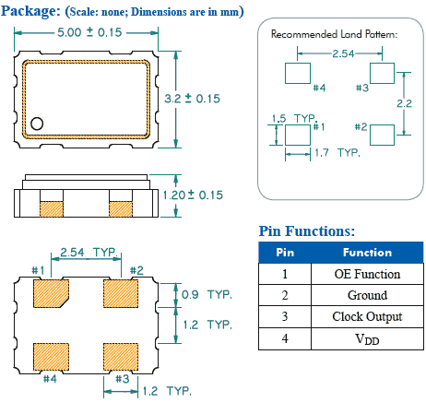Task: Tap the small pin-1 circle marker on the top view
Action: pos(38,123)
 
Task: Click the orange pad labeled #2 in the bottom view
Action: pos(120,293)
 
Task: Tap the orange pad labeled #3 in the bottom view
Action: pos(120,355)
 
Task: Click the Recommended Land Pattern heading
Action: pos(334,34)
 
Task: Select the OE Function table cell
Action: pos(367,274)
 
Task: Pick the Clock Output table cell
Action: pos(367,316)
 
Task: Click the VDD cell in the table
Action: pos(367,338)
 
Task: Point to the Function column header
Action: pos(367,253)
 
